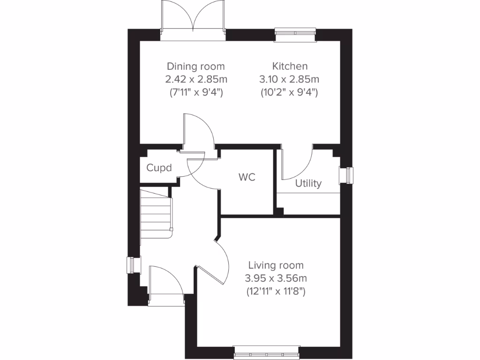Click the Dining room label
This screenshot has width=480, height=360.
coord(196,66)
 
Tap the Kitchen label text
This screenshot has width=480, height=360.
coord(290,66)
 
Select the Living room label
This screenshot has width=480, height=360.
coord(276,265)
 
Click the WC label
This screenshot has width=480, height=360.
coord(247,178)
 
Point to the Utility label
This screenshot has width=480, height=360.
coord(308,184)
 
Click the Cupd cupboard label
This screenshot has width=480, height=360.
coord(159,168)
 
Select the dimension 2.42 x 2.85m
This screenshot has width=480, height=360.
coord(196,79)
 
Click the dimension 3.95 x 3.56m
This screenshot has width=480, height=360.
coord(276,278)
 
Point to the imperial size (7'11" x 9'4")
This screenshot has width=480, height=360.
coord(196,92)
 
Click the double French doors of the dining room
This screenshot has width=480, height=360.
coord(193,19)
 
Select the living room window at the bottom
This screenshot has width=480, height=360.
coord(266,349)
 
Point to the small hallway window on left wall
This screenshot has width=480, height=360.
coord(134,265)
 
